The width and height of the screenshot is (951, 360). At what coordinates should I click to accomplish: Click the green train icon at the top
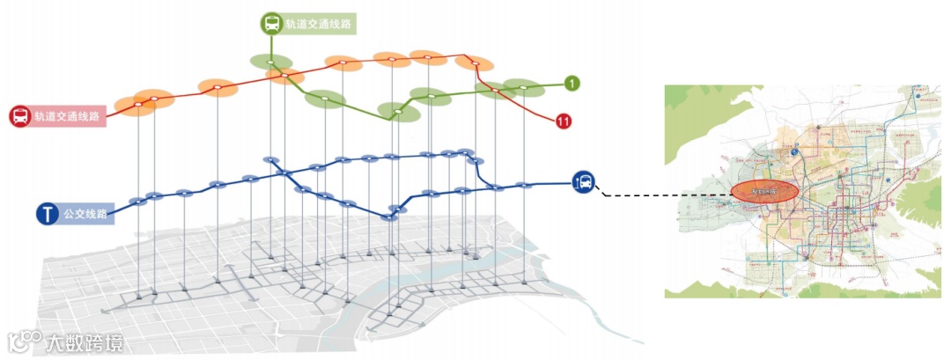[x=270, y=24]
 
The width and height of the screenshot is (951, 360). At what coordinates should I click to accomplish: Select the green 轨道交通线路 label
[x=318, y=25]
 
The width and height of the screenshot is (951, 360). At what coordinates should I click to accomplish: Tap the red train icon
[x=19, y=115]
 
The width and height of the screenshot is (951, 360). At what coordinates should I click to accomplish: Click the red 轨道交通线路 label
[x=67, y=116]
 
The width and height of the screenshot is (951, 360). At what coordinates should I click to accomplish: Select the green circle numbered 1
[x=572, y=84]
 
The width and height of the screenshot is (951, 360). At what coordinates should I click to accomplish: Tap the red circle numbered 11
[x=564, y=121]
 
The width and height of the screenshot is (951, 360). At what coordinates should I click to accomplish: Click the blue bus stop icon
[x=584, y=182]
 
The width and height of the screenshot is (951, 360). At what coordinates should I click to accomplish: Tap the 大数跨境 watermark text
[x=85, y=342]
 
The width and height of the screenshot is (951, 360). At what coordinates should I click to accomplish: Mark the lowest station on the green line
[x=397, y=112]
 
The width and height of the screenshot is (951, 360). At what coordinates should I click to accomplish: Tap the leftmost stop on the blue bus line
[x=137, y=202]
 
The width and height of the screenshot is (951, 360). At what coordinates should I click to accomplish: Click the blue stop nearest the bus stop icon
[x=525, y=185]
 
